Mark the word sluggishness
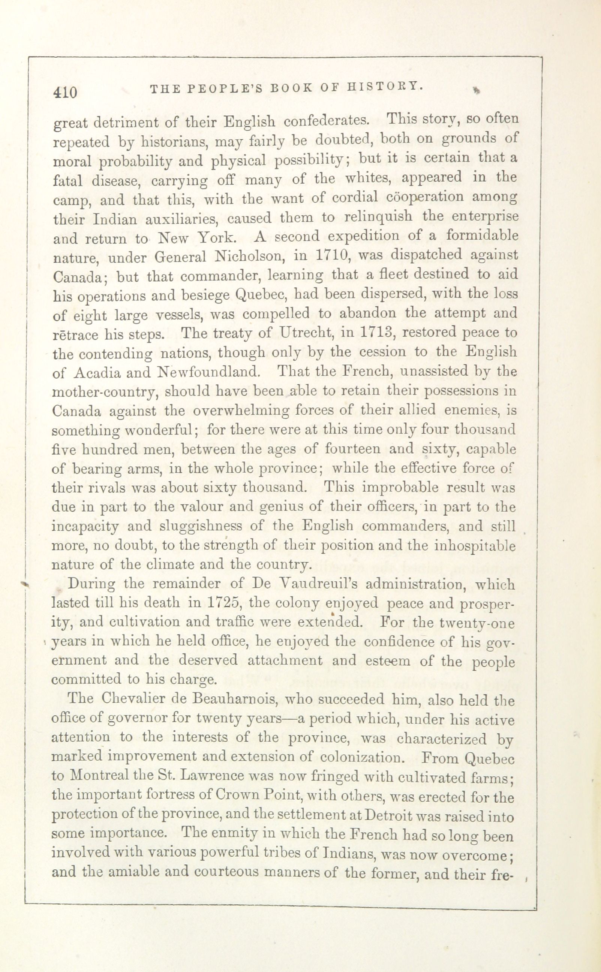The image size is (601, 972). pos(195,527)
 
